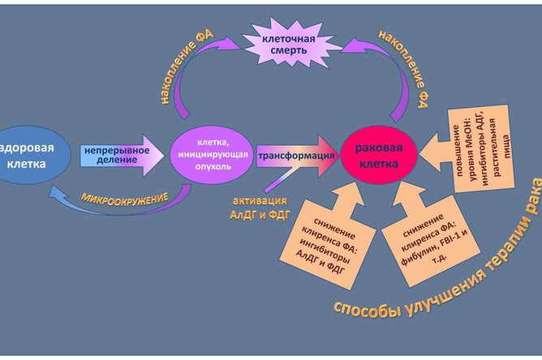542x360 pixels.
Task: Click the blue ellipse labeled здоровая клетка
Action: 32,155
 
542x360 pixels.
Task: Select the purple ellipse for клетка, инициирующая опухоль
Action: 212,154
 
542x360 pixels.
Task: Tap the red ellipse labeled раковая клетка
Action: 379,155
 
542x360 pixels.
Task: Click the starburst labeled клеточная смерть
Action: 289,44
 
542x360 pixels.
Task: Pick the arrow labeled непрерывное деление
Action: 122,156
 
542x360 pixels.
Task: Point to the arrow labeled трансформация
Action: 297,156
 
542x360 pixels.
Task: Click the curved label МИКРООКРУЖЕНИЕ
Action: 124,199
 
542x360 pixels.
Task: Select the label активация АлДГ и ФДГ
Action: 260,208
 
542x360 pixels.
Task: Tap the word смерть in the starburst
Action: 289,50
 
